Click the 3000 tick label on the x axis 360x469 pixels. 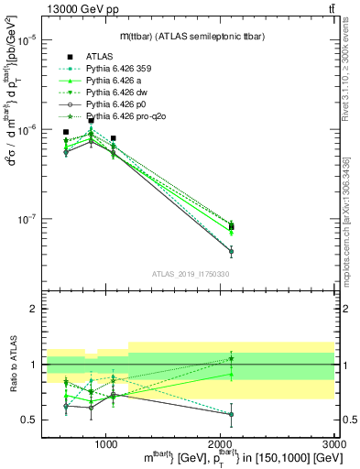click(334, 442)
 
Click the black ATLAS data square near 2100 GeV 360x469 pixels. click(231, 227)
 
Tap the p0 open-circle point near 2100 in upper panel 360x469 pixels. click(231, 251)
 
